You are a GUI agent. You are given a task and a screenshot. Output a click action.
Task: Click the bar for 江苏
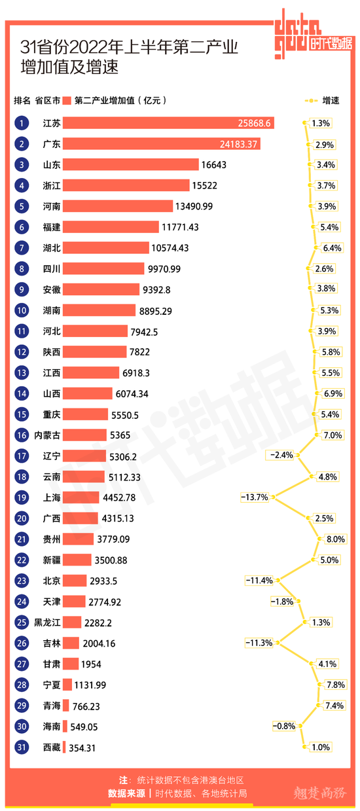point(168,123)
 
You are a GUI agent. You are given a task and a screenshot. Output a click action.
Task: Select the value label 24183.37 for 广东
point(238,144)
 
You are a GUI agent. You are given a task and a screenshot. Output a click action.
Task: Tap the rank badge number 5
point(22,206)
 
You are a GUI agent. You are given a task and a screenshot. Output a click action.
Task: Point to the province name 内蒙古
point(47,435)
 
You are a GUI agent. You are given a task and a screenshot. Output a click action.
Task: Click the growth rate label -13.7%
point(255,497)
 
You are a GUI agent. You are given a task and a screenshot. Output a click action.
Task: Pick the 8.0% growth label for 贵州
point(335,539)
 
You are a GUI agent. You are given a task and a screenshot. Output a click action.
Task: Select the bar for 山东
point(131,165)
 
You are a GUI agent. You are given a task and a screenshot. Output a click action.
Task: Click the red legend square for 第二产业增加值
point(67,101)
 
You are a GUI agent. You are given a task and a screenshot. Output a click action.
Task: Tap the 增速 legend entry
point(322,101)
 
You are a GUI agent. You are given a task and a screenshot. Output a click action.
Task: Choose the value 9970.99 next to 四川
point(164,269)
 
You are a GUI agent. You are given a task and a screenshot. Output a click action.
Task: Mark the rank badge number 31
point(22,748)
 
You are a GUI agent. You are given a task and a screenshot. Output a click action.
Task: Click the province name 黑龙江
point(47,622)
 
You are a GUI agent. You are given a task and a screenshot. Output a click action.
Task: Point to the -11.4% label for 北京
point(259,581)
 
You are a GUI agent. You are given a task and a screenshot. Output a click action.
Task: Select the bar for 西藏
point(64,748)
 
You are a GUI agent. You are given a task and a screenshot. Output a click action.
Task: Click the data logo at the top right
point(314,35)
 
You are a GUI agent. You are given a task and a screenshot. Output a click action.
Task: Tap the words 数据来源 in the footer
point(126,793)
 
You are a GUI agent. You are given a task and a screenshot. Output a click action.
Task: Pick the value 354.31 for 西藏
point(82,748)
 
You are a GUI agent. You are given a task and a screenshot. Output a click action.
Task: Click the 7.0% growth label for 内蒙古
point(333,435)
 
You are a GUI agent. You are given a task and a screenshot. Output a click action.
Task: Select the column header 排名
point(22,101)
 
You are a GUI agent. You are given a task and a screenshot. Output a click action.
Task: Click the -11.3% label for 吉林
point(259,643)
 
